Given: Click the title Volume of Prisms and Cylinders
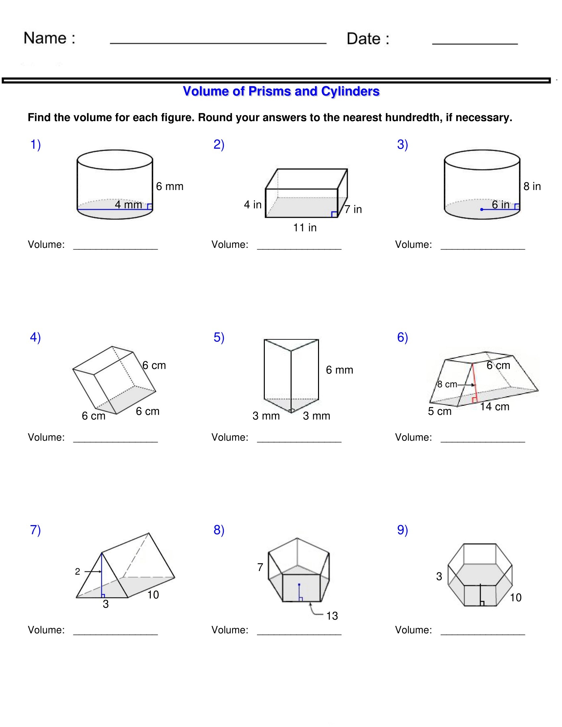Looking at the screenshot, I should point(281,92).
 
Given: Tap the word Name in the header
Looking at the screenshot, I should point(45,38).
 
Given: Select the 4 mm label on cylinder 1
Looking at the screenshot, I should point(128,204).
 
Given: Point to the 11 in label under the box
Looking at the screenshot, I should point(305,228).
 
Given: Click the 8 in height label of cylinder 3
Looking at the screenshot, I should point(532,186).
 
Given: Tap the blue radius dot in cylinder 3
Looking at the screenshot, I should point(482,210).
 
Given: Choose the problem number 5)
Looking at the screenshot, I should point(219,337).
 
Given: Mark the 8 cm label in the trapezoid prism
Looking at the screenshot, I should point(447,384).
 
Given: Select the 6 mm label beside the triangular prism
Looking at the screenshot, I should point(339,370).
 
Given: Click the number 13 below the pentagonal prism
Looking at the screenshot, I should point(332,616).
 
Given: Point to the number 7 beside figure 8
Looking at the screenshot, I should point(260,567).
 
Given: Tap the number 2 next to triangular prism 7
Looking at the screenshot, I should point(78,572).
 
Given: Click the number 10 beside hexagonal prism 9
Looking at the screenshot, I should point(515,598).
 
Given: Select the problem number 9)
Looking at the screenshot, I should point(402,530).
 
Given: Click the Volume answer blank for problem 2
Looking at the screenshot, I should point(299,245).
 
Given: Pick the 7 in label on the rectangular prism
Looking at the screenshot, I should point(353,210).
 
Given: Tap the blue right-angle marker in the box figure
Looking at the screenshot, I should point(334,214).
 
